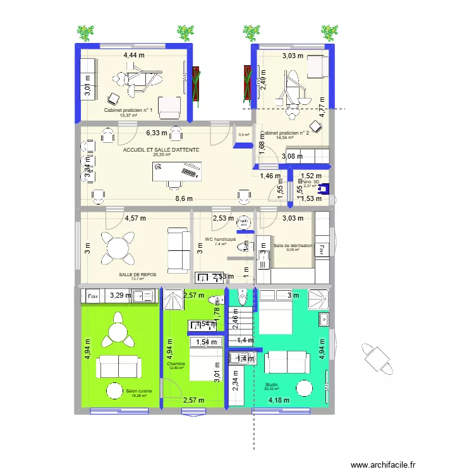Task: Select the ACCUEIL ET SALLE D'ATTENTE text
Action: click(x=161, y=150)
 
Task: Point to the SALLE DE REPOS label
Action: click(x=137, y=274)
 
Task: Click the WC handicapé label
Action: click(x=220, y=240)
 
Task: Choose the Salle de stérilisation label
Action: click(x=293, y=245)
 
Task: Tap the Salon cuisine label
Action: click(x=138, y=392)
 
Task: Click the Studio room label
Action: click(x=271, y=384)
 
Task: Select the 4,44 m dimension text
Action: click(x=133, y=56)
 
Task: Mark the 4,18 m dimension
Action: click(x=279, y=399)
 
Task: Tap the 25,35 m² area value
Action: click(x=162, y=154)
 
